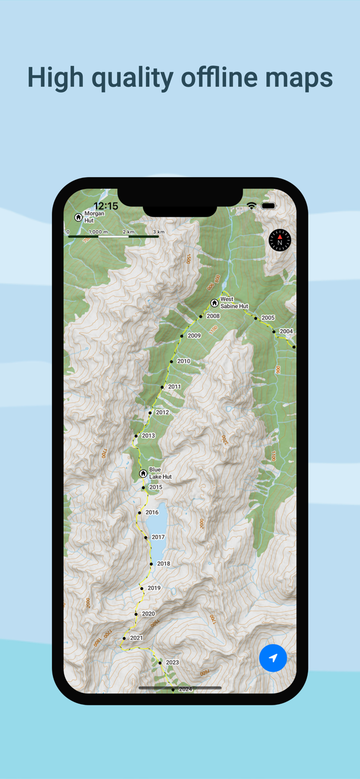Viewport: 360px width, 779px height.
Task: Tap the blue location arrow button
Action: click(x=273, y=657)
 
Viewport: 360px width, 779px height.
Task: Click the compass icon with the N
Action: click(x=280, y=240)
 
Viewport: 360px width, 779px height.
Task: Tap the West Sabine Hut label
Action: click(x=234, y=303)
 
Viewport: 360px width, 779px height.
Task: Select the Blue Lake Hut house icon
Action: click(x=143, y=474)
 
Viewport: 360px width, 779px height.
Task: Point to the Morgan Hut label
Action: click(x=94, y=217)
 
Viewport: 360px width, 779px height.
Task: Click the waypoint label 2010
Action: click(x=183, y=361)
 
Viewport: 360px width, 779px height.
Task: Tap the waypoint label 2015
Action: click(x=156, y=487)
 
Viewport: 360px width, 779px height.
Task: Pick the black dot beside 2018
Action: click(x=151, y=563)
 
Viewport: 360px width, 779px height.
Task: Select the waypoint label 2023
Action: click(x=172, y=662)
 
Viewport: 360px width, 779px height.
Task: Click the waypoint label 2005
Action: click(x=268, y=318)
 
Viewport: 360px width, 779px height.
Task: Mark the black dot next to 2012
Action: click(x=150, y=413)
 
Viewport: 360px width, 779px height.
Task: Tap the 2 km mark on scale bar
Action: click(x=128, y=232)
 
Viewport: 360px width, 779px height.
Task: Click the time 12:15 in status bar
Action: click(x=106, y=206)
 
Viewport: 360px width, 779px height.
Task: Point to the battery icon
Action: click(x=269, y=206)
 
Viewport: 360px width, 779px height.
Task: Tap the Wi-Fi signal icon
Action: click(x=251, y=206)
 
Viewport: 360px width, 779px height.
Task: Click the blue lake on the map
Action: click(x=158, y=525)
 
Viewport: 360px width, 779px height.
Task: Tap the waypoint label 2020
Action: click(x=148, y=614)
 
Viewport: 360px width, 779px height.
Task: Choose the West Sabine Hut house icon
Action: click(x=214, y=303)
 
